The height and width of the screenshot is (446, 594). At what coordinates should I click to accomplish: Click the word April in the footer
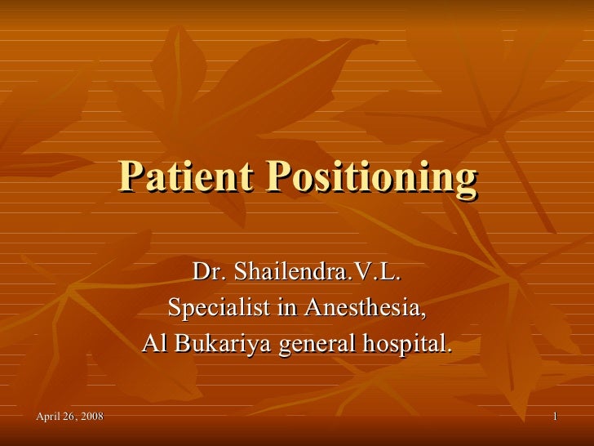[50, 418]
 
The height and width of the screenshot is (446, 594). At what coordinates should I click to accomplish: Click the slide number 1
[555, 418]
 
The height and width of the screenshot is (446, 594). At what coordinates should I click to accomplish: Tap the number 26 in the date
[69, 418]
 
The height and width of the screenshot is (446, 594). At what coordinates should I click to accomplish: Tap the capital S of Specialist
[174, 309]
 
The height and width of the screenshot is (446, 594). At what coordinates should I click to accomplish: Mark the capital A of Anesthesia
[314, 309]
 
